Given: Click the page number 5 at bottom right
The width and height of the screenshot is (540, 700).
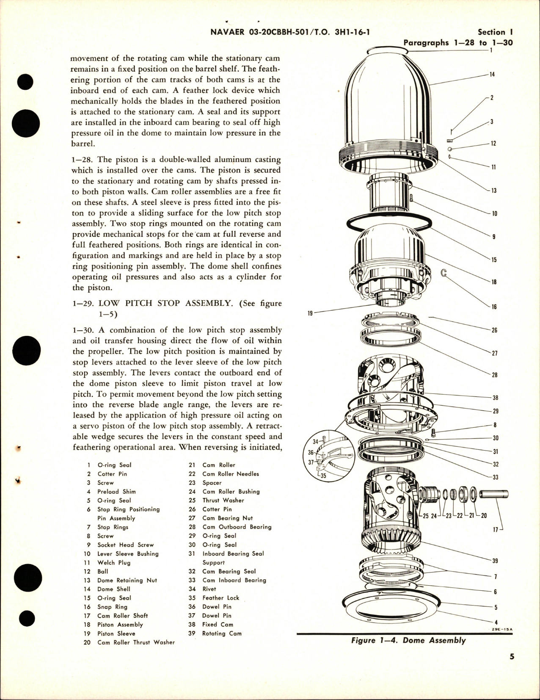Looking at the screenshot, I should (512, 669).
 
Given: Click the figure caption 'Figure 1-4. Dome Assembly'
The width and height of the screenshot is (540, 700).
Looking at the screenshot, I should (408, 640).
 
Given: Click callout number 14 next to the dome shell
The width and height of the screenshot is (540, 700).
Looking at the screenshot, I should (492, 75).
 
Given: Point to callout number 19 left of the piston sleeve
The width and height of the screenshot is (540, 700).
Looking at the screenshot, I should (310, 314).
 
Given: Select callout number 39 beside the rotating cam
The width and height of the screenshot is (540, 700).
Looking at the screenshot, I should (495, 561).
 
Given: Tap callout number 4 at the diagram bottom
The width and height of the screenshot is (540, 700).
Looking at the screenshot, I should (496, 623).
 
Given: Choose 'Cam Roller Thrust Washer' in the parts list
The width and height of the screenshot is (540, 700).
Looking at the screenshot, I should (136, 642).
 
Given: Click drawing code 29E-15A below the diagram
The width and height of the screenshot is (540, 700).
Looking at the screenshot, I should (502, 629).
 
